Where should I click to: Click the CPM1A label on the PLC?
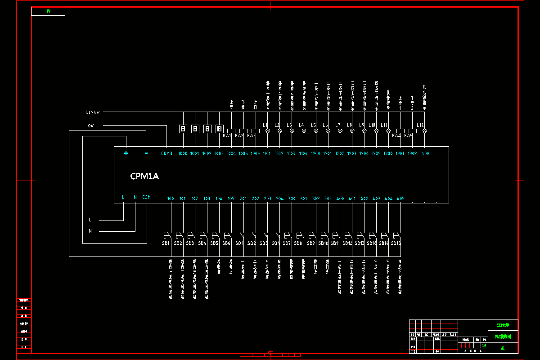tap(144, 176)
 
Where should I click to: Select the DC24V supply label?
tap(92, 112)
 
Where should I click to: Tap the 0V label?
tap(90, 126)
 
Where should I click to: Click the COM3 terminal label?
tap(166, 153)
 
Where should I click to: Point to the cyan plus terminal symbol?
tap(126, 153)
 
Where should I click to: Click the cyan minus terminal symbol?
tap(146, 153)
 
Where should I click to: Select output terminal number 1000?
tap(183, 154)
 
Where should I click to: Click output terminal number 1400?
tap(424, 154)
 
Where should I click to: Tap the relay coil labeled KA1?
tap(232, 130)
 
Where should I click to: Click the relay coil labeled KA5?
tap(412, 130)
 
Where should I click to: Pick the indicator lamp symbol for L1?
tap(268, 130)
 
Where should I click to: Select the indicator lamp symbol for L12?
tap(424, 130)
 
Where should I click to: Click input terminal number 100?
tap(171, 199)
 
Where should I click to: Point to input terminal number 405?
tap(400, 199)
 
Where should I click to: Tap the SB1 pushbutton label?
tap(165, 243)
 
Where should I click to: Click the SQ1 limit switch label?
tap(239, 243)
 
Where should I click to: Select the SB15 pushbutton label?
tap(396, 243)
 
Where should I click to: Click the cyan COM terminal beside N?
tap(146, 197)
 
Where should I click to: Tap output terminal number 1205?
tap(376, 154)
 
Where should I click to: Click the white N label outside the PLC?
tap(90, 231)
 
